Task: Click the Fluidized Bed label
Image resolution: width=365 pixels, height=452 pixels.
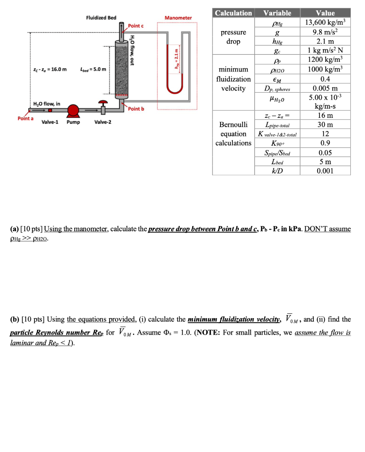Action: pos(101,18)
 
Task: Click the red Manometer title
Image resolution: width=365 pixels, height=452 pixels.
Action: pos(178,18)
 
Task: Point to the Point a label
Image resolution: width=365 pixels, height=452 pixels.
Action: pos(25,118)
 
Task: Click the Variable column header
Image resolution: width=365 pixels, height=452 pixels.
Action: pos(277,13)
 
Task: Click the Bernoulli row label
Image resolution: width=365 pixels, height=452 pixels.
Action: pos(233,124)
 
